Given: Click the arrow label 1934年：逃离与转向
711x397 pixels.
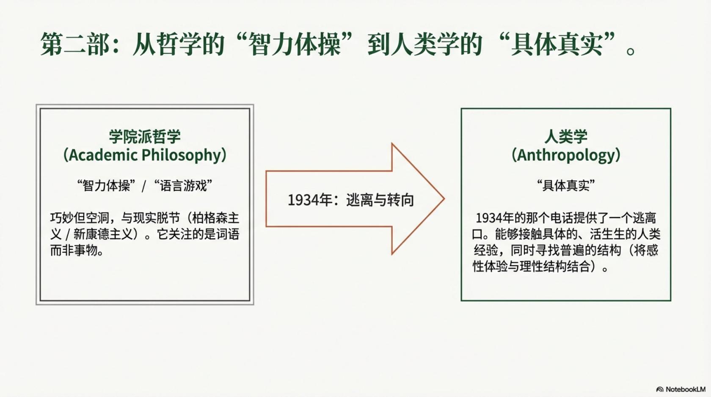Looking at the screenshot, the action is (x=351, y=200).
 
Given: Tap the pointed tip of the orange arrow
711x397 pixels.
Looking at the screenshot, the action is (x=444, y=199).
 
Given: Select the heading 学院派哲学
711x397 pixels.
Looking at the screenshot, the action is (x=145, y=137).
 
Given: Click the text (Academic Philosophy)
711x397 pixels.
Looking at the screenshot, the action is (x=145, y=155).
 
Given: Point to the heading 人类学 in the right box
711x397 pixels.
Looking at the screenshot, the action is (x=566, y=137).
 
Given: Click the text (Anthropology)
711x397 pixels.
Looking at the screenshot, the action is (x=566, y=155).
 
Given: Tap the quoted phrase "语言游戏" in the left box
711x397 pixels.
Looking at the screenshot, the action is (x=183, y=185).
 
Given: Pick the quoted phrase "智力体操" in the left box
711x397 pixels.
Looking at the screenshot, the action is (x=106, y=185).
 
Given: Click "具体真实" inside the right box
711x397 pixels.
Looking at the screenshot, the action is (x=566, y=185).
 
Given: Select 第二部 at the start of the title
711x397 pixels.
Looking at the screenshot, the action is (x=75, y=44).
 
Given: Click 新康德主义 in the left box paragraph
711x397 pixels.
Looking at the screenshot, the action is (x=103, y=234).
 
